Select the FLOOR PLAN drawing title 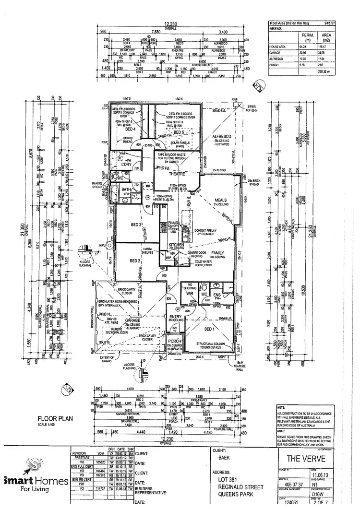55,419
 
